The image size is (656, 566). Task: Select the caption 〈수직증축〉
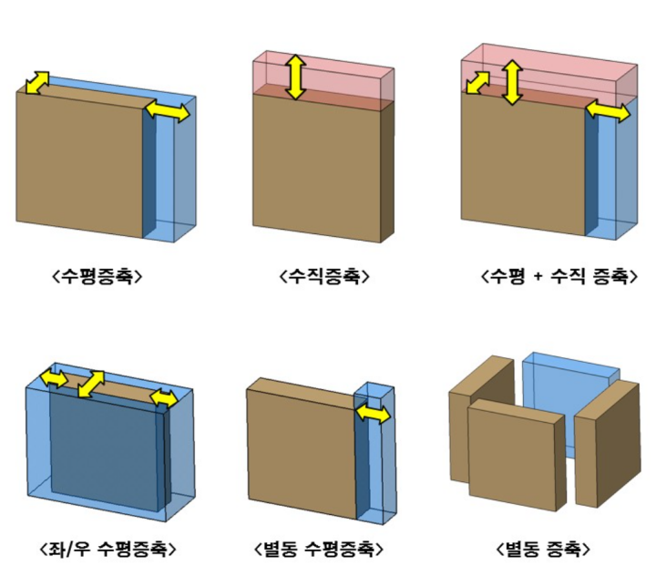324,276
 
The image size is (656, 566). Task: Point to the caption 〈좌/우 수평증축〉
108,550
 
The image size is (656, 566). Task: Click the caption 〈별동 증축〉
543,550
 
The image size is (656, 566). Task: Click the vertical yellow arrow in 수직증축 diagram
294,77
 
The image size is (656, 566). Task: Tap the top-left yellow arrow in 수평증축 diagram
37,83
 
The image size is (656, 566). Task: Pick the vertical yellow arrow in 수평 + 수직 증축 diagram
513,81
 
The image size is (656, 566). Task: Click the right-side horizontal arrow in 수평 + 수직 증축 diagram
607,112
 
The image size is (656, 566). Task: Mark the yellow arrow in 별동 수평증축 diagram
372,414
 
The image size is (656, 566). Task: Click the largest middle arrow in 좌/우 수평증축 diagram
91,384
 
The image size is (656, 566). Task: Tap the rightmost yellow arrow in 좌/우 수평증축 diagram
164,398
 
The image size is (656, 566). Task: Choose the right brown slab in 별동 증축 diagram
609,442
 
